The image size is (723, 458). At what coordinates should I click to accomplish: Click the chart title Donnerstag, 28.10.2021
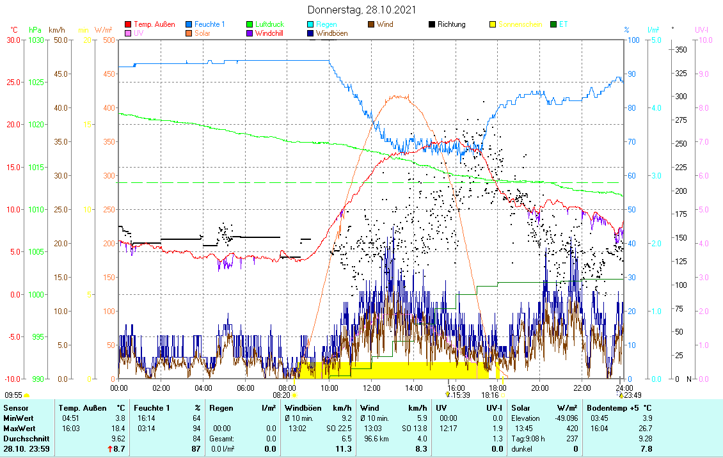(361, 10)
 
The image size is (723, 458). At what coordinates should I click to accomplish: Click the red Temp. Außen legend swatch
(128, 24)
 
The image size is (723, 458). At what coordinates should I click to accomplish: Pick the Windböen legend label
(331, 33)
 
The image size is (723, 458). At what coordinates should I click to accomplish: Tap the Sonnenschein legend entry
(520, 24)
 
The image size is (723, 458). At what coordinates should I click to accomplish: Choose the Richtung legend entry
(451, 24)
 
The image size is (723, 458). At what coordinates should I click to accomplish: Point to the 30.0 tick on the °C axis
(12, 40)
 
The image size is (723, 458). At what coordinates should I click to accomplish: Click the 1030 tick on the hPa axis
(36, 40)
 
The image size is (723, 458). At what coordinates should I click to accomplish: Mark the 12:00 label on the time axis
(372, 388)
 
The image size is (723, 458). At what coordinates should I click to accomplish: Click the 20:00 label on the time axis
(540, 388)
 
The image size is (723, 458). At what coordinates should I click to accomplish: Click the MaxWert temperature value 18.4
(118, 428)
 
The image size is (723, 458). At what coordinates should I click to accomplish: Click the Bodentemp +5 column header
(619, 407)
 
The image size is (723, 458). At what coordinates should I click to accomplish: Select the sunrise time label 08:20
(281, 395)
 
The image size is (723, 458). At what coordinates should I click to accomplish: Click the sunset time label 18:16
(490, 395)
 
